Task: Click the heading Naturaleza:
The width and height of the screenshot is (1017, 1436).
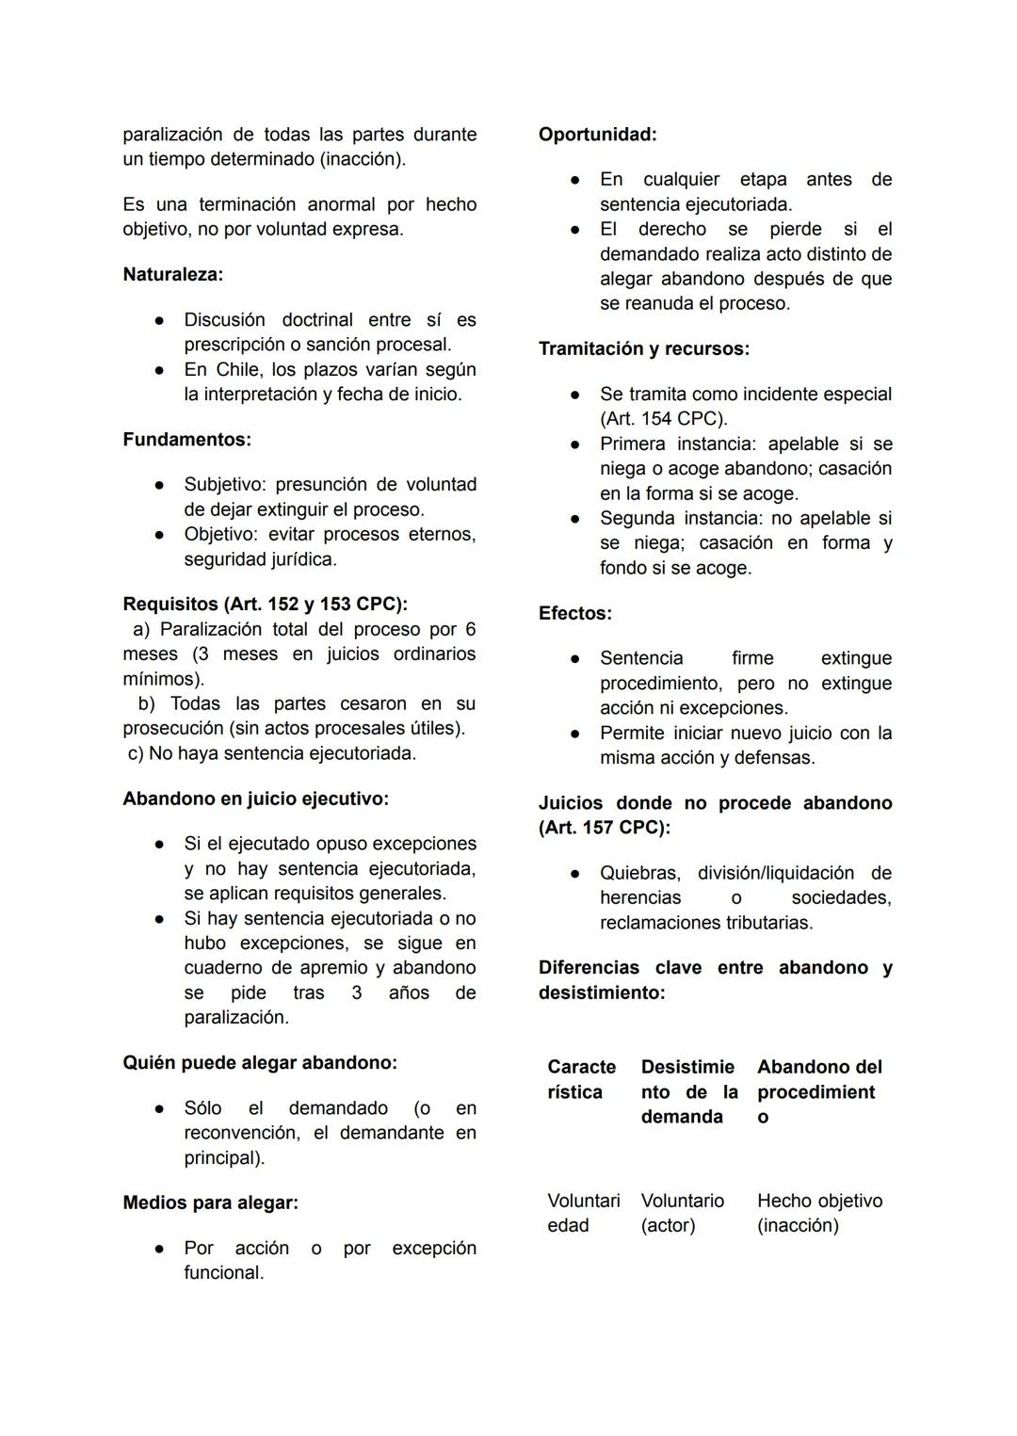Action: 172,274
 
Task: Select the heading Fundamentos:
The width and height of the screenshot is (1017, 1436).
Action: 186,439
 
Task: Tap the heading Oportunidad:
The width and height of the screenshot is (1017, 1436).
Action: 597,134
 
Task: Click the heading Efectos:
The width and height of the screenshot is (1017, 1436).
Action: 574,613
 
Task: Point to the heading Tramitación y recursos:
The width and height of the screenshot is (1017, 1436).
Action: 643,348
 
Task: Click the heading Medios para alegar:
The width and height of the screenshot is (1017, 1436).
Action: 210,1202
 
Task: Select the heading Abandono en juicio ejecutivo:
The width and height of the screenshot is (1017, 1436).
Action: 255,799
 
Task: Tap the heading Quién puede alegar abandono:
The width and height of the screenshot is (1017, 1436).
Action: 259,1062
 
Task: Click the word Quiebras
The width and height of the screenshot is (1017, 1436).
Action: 638,873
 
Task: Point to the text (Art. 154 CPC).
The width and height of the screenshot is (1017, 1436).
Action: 663,418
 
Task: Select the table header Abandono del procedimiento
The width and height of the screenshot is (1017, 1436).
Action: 818,1091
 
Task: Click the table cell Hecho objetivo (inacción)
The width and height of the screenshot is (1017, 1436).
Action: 818,1213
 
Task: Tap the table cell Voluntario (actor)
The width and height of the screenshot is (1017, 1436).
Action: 682,1213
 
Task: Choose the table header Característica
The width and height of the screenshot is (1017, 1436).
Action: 581,1079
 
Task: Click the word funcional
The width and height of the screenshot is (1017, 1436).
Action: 223,1272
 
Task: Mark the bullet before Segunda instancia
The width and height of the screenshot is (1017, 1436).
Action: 574,519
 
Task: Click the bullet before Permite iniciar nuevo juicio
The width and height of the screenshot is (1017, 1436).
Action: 574,734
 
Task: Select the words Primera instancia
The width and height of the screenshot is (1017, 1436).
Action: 678,444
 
